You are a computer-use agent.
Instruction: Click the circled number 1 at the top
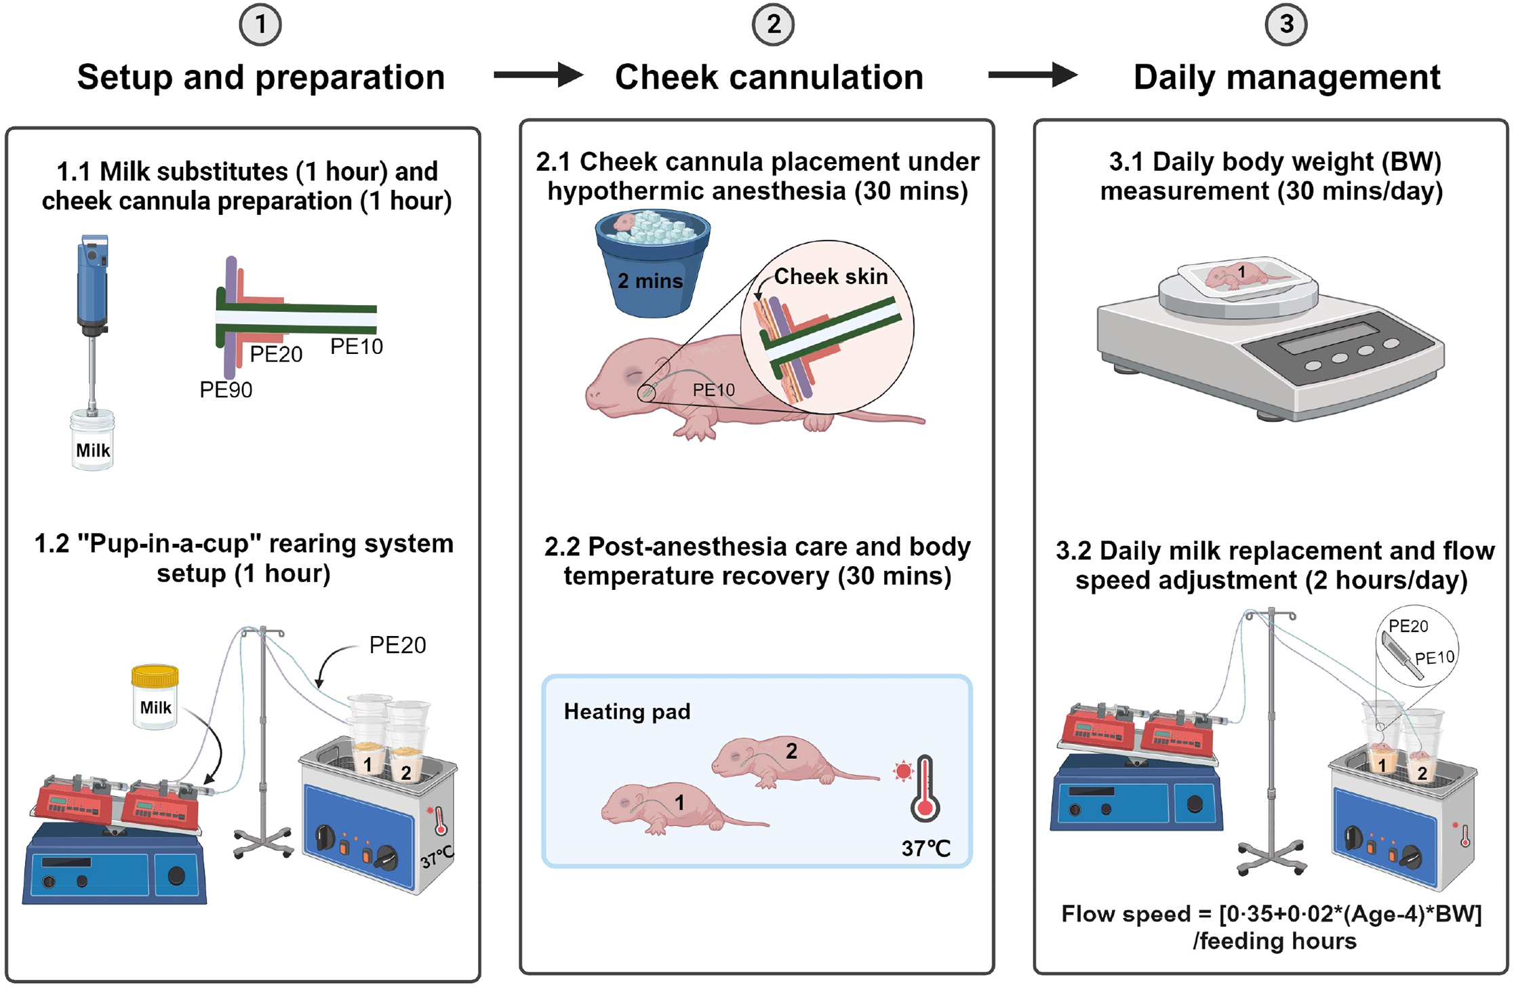(x=260, y=25)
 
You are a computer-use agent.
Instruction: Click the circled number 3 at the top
(x=1286, y=25)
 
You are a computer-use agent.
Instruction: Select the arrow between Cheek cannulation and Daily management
(x=1031, y=75)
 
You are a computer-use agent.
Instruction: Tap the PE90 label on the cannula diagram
(x=226, y=390)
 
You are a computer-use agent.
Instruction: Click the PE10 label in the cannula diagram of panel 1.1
(x=357, y=347)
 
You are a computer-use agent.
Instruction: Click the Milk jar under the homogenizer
(x=92, y=443)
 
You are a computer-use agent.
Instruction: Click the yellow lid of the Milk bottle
(x=155, y=675)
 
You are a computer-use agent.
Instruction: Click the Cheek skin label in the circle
(x=831, y=277)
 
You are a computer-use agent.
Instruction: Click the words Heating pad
(x=627, y=711)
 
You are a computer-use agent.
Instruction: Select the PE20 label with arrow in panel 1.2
(x=397, y=645)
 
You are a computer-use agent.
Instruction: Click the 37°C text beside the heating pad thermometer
(x=925, y=848)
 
